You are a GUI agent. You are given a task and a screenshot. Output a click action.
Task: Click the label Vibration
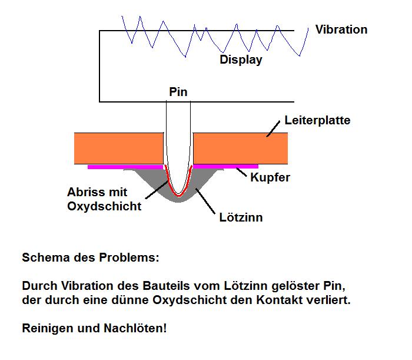click(x=341, y=29)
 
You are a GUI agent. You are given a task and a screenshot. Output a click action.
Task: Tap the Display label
click(x=241, y=60)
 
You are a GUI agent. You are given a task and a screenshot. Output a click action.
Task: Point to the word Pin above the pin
click(x=178, y=92)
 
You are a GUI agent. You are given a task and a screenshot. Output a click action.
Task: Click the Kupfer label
click(x=270, y=177)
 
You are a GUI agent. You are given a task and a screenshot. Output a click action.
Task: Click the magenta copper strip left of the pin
click(x=124, y=167)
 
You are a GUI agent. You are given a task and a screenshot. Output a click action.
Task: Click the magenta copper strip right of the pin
click(x=227, y=167)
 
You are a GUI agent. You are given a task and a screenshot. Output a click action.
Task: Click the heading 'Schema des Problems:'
click(x=90, y=258)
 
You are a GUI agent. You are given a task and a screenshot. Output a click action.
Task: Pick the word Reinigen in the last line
click(x=46, y=328)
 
